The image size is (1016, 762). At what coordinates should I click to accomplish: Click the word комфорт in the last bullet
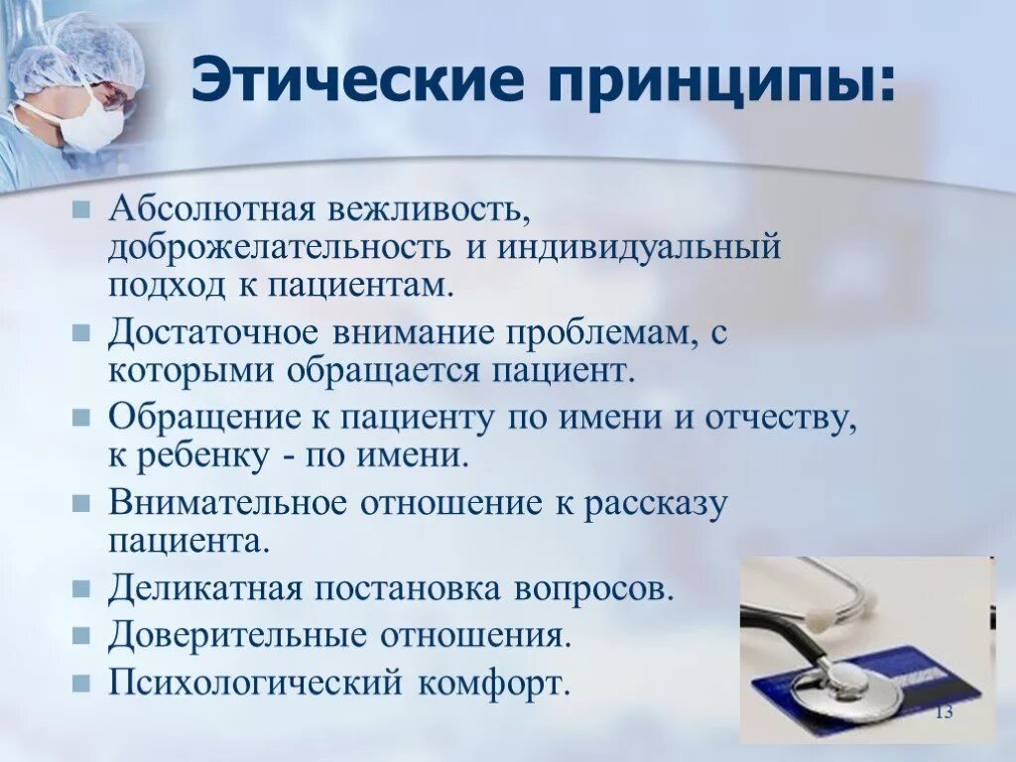click(494, 684)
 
